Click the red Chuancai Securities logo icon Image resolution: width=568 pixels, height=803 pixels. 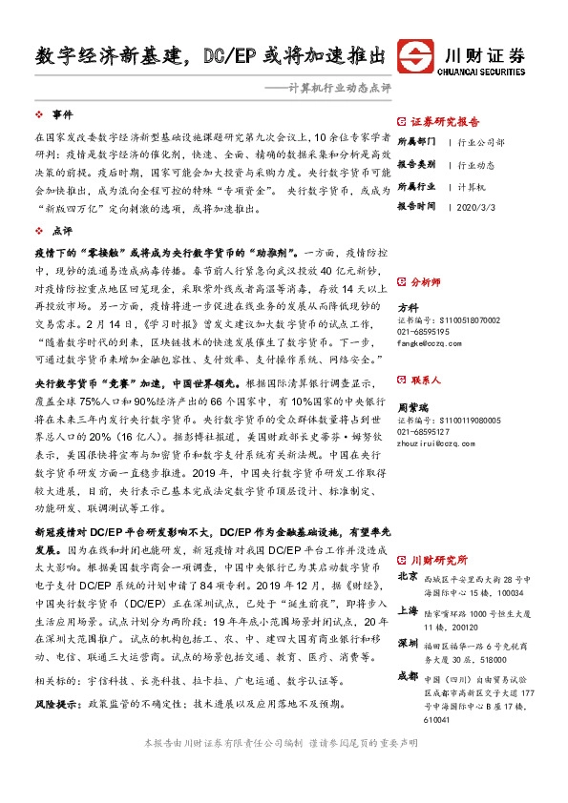(416, 54)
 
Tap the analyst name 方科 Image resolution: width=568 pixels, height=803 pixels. (408, 307)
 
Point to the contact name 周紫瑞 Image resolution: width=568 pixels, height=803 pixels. (413, 407)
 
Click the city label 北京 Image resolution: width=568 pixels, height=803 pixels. (408, 576)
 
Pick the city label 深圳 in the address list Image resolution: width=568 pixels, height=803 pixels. (408, 645)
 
